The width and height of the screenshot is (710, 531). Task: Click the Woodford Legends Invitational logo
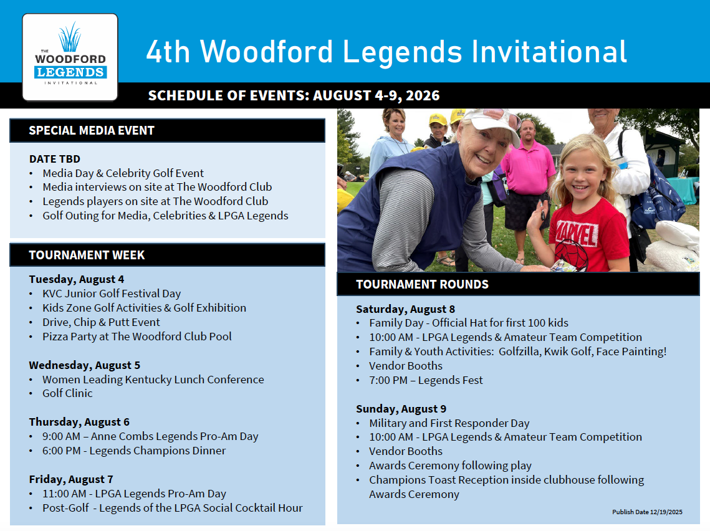tap(70, 57)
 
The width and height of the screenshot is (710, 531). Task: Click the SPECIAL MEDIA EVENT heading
tap(92, 130)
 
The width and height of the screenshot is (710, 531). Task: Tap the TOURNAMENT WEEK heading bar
tap(168, 255)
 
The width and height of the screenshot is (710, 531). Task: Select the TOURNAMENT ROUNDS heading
tap(422, 284)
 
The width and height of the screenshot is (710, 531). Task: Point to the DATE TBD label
tap(55, 159)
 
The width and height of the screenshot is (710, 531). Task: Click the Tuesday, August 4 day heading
tap(77, 279)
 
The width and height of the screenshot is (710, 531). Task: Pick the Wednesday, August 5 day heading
tap(85, 365)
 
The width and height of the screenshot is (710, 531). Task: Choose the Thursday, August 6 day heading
tap(79, 422)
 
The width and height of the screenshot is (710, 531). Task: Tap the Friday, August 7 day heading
tap(71, 479)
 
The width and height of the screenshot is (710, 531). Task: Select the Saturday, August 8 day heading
tap(405, 309)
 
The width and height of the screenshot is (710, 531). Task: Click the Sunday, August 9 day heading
tap(401, 409)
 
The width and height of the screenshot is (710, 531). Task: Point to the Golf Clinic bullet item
tap(67, 393)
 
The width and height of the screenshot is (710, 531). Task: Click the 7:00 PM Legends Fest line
tap(426, 380)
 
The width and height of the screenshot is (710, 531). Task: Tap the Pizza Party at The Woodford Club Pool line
tap(137, 337)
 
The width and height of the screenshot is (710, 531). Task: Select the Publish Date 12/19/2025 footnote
tap(647, 512)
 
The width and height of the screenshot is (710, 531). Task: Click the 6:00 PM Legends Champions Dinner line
tap(134, 451)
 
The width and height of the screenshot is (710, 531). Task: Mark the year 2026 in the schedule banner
tap(423, 95)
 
